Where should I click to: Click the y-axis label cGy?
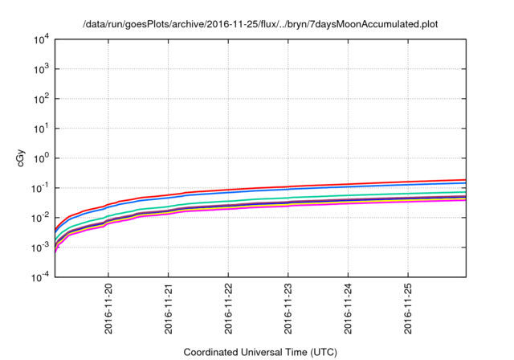click(21, 158)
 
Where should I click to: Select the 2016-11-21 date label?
click(169, 309)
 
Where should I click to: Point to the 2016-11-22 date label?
click(229, 309)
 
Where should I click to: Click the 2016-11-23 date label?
click(289, 309)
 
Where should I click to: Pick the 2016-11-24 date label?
click(349, 309)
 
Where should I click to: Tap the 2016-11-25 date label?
click(409, 309)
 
